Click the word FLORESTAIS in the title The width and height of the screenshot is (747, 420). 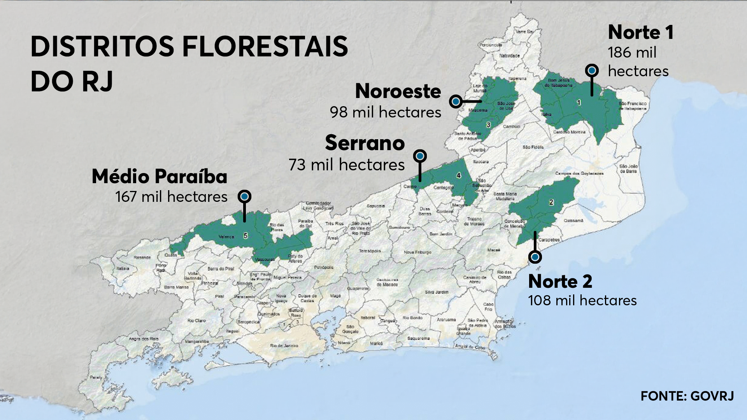pyautogui.click(x=265, y=47)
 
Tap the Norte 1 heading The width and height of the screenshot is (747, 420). pyautogui.click(x=640, y=32)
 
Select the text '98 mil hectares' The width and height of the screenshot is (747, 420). pyautogui.click(x=385, y=112)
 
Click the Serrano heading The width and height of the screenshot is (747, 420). pyautogui.click(x=365, y=143)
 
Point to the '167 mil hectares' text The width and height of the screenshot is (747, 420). pyautogui.click(x=171, y=197)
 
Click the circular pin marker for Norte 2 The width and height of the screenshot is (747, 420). pyautogui.click(x=535, y=257)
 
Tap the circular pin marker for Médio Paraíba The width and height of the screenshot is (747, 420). pyautogui.click(x=244, y=197)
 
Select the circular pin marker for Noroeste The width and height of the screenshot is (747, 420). pyautogui.click(x=456, y=101)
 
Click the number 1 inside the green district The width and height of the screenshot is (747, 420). pyautogui.click(x=579, y=102)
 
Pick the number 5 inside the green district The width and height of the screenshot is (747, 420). pyautogui.click(x=245, y=236)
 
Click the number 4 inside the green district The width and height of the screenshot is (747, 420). pyautogui.click(x=459, y=175)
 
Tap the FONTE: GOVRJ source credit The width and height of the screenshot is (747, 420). pyautogui.click(x=687, y=396)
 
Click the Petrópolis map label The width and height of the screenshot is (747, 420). pyautogui.click(x=323, y=268)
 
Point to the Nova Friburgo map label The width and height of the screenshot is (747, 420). pyautogui.click(x=417, y=252)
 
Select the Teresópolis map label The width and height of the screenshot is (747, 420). pyautogui.click(x=370, y=251)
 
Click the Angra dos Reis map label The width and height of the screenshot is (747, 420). pyautogui.click(x=144, y=339)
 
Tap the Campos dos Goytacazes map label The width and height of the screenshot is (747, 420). pyautogui.click(x=579, y=173)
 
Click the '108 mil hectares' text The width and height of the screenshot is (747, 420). pyautogui.click(x=582, y=301)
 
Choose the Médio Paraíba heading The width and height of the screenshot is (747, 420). pyautogui.click(x=160, y=177)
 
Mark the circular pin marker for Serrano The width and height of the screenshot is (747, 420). pyautogui.click(x=420, y=156)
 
